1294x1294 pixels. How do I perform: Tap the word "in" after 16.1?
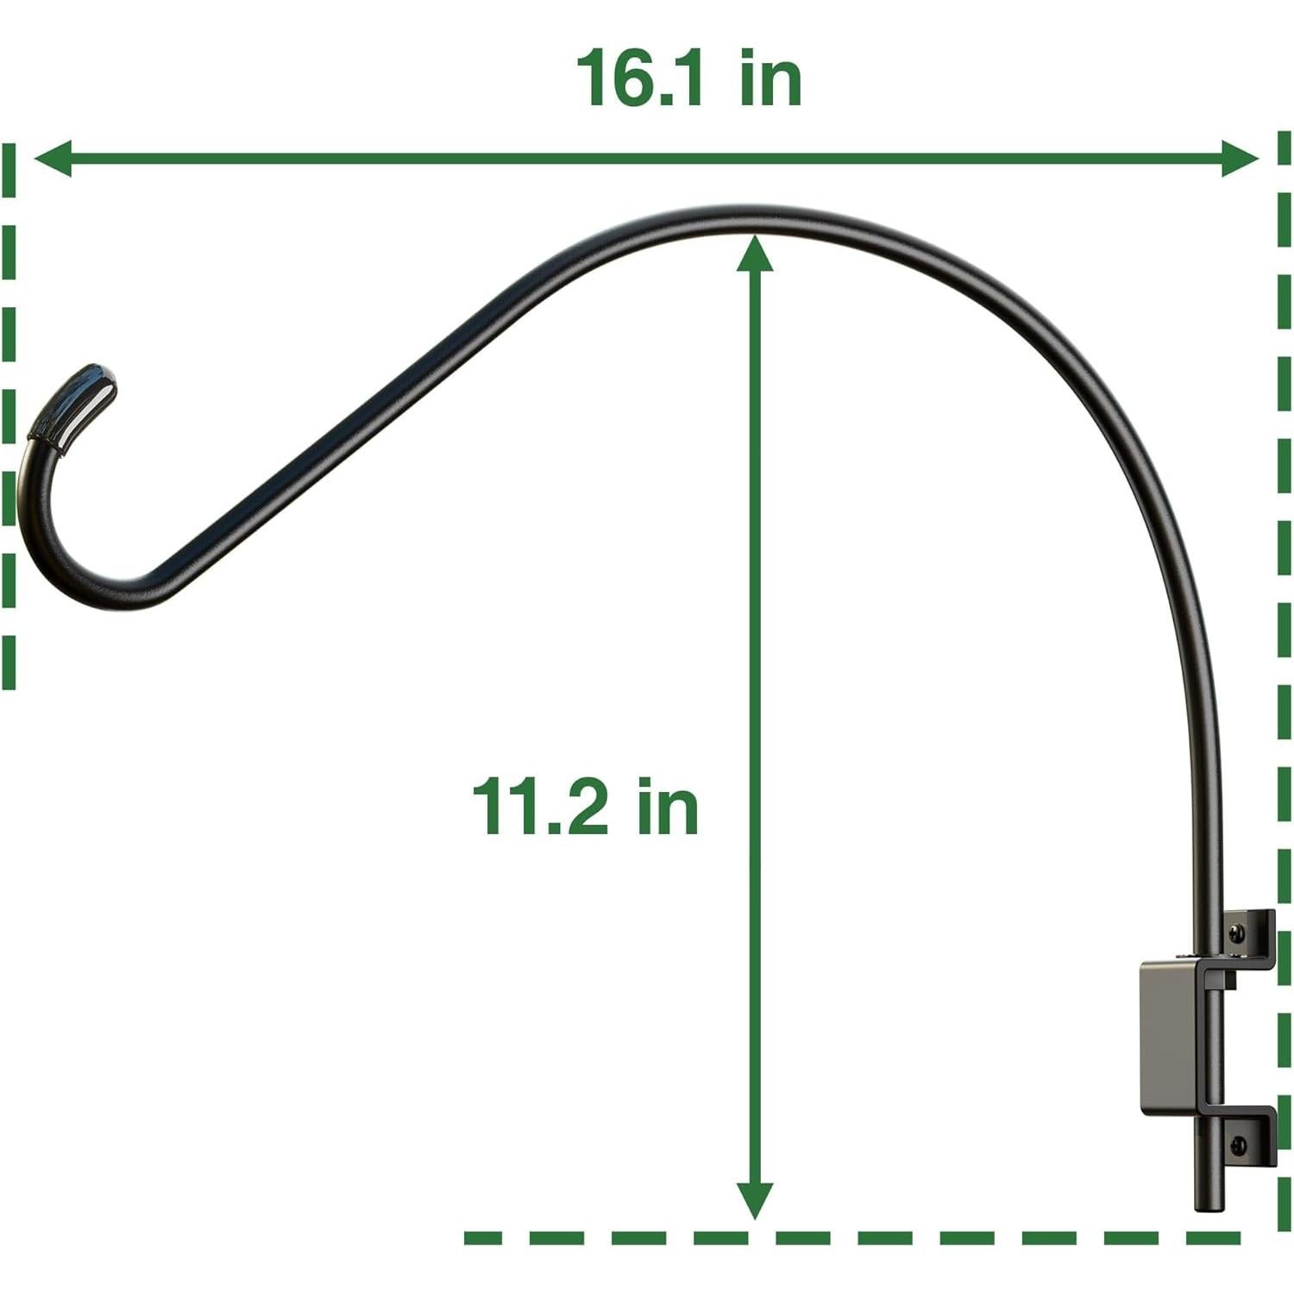[770, 79]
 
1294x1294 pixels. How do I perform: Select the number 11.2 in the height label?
[538, 807]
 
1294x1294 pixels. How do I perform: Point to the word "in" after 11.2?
[668, 807]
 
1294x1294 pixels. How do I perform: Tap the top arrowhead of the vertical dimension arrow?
[755, 252]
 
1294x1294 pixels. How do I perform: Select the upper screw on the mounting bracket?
[1238, 933]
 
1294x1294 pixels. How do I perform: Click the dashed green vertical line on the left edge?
[9, 414]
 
